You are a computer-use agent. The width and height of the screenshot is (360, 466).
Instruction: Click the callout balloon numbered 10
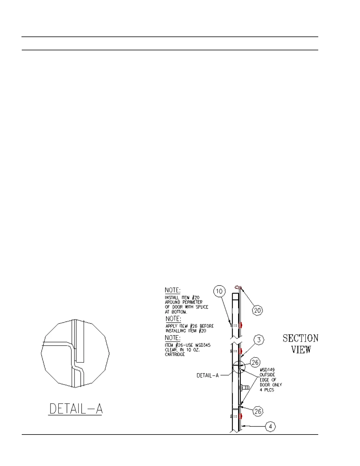tap(219, 291)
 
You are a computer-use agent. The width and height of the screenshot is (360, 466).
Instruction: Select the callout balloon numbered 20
tap(258, 310)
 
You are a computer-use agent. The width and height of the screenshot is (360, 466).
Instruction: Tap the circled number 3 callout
tap(259, 340)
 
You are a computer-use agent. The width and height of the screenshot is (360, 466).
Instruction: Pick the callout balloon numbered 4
tap(270, 426)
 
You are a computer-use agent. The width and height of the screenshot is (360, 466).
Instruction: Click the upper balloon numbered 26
tap(255, 362)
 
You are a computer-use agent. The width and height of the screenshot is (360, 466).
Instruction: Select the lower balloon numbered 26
tap(258, 411)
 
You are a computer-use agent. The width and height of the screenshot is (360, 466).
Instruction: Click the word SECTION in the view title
tap(300, 338)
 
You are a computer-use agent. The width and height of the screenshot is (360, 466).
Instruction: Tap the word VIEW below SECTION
tap(301, 349)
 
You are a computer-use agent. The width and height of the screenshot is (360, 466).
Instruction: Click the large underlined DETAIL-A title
tap(76, 409)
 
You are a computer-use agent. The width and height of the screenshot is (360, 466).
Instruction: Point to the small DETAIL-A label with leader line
tap(208, 375)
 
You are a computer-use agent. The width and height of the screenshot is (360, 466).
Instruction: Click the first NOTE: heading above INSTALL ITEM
tap(173, 290)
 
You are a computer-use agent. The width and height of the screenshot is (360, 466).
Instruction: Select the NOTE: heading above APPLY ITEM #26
tap(173, 319)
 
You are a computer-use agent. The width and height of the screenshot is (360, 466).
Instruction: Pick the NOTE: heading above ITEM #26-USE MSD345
tap(172, 338)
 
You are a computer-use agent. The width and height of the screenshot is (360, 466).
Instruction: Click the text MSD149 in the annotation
tap(267, 370)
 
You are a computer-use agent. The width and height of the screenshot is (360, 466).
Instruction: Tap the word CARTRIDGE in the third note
tap(175, 355)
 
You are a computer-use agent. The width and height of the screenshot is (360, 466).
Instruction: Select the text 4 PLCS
tap(267, 390)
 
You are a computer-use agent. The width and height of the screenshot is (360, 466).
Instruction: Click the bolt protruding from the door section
tap(245, 387)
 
